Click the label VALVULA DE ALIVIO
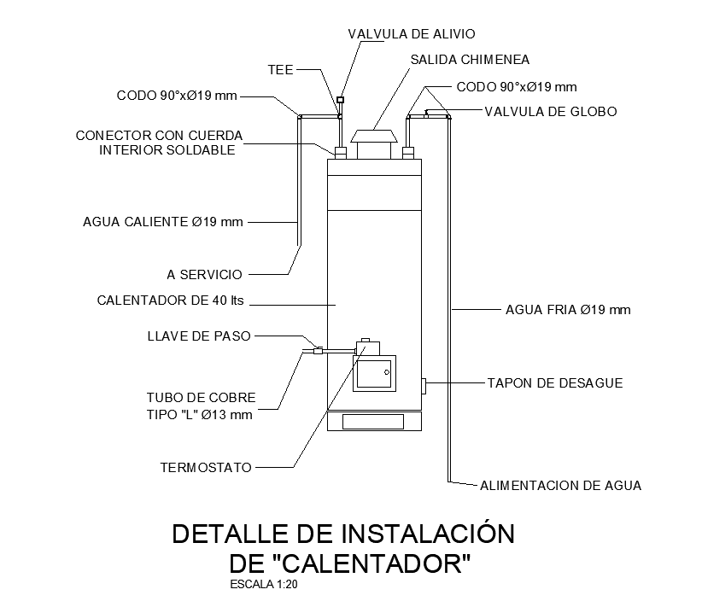[411, 34]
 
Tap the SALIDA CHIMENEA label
[470, 60]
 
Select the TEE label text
[281, 70]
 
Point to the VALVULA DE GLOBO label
[550, 112]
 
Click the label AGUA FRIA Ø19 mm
[568, 310]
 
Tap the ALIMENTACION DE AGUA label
[560, 486]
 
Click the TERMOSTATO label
[206, 468]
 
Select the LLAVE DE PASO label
[199, 336]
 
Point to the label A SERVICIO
[204, 275]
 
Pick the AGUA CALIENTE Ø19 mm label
[163, 222]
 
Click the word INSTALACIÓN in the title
[428, 534]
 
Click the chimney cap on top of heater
[373, 136]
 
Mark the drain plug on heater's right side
[423, 386]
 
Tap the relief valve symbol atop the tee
[340, 100]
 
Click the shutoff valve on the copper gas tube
[318, 349]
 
